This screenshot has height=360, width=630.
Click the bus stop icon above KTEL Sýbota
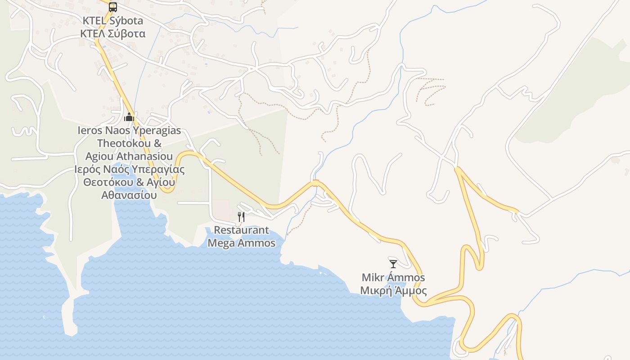click(113, 7)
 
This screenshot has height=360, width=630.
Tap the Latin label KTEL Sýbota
click(113, 21)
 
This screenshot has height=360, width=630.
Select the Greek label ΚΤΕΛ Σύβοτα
click(113, 34)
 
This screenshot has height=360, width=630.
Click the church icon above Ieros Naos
click(129, 117)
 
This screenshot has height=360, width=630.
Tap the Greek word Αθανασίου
click(129, 195)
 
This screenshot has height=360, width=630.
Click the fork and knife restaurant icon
click(241, 217)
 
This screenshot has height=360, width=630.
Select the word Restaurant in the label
click(241, 230)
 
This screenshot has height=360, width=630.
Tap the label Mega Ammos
click(241, 243)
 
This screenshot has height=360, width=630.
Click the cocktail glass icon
click(393, 264)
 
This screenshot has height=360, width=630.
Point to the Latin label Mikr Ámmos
click(393, 277)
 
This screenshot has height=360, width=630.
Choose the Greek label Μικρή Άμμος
click(393, 291)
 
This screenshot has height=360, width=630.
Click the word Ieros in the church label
click(90, 131)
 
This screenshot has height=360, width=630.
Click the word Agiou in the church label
click(99, 157)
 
